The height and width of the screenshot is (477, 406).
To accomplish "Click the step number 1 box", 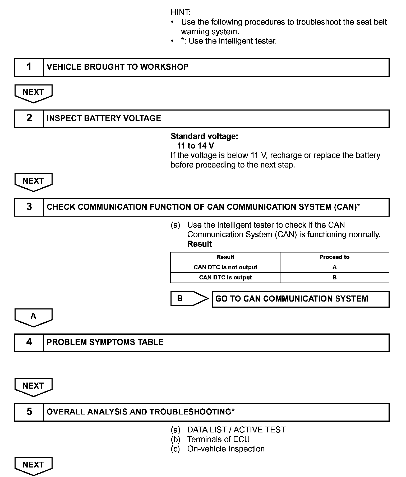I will click(29, 67).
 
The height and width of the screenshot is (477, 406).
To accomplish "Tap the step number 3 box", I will click(29, 207).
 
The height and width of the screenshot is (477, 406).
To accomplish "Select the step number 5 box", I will click(29, 412).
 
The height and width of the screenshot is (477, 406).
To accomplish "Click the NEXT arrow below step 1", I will click(33, 93).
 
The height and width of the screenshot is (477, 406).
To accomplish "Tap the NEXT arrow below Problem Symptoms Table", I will click(33, 387).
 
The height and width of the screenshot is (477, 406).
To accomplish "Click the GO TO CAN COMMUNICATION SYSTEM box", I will click(301, 299).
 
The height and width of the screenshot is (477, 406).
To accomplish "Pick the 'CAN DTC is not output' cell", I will click(225, 267).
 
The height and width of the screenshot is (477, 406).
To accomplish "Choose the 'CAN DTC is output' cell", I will click(225, 278).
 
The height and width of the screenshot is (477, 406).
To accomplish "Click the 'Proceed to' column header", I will click(334, 257).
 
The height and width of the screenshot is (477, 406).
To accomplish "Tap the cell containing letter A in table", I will click(334, 267).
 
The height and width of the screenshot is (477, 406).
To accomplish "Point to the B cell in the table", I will click(334, 278).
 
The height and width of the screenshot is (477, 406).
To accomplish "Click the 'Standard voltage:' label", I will click(204, 136).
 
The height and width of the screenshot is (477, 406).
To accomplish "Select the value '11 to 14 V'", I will click(196, 146).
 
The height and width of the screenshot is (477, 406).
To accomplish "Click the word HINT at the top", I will click(181, 12).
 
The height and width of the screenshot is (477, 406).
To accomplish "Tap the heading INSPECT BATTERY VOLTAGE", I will click(104, 118).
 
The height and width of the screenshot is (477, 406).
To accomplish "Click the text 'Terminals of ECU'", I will click(218, 439).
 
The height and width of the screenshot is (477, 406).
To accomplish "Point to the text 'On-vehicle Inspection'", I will click(226, 449).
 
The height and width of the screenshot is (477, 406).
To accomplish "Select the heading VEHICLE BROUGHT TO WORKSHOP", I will click(117, 67).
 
